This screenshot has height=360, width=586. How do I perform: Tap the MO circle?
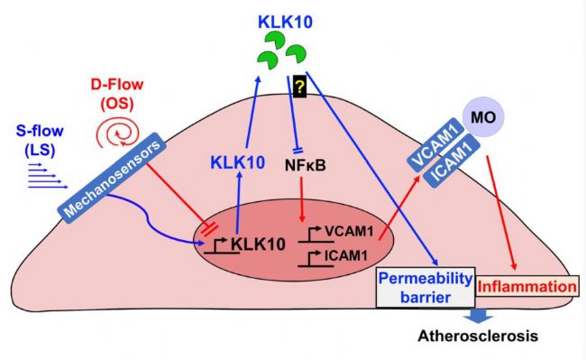point(483,117)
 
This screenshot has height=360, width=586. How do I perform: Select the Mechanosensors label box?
point(112,178)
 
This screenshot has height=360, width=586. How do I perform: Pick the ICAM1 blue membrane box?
point(451,162)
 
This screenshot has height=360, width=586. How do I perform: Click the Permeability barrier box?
point(426,288)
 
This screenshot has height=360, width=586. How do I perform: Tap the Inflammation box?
point(527,287)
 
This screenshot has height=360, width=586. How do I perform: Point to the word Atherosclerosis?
point(478,336)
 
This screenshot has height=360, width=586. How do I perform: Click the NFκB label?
point(306,165)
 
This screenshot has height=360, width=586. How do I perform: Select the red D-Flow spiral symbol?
point(118,132)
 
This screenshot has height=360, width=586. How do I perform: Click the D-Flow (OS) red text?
point(117,94)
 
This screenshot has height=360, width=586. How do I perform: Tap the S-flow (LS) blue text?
point(40,140)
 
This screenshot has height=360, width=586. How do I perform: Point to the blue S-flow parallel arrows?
point(48,175)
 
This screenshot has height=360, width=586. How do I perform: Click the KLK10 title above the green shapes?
point(285,23)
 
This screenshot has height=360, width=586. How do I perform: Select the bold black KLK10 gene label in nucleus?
point(258,244)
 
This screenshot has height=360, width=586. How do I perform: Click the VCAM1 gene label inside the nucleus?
point(349,231)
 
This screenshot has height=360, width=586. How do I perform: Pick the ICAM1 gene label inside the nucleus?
point(346,255)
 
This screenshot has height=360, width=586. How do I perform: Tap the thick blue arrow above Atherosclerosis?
point(479,316)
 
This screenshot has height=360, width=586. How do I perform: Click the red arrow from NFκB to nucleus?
point(302,198)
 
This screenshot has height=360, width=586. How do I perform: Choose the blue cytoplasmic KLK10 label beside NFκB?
point(238,162)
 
